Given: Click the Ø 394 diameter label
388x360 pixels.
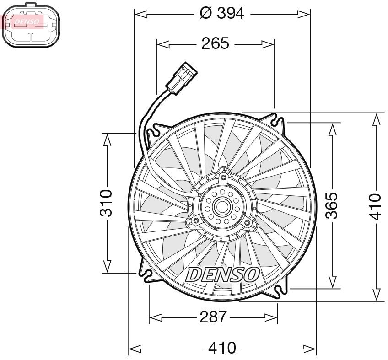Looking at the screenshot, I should (x=222, y=14).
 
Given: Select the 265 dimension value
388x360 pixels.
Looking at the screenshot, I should (x=215, y=43).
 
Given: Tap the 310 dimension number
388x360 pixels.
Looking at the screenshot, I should (x=106, y=203).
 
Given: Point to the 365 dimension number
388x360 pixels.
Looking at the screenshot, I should (x=333, y=205).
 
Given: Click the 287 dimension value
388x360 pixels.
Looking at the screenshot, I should (x=213, y=317).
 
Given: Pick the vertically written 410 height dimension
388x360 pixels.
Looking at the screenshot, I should (x=375, y=206).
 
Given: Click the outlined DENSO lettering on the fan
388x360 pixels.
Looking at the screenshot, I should (x=223, y=274).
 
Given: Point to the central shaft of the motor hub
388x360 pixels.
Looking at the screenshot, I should (x=222, y=207).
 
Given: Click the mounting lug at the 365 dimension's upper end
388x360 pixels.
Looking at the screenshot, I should (x=279, y=122).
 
